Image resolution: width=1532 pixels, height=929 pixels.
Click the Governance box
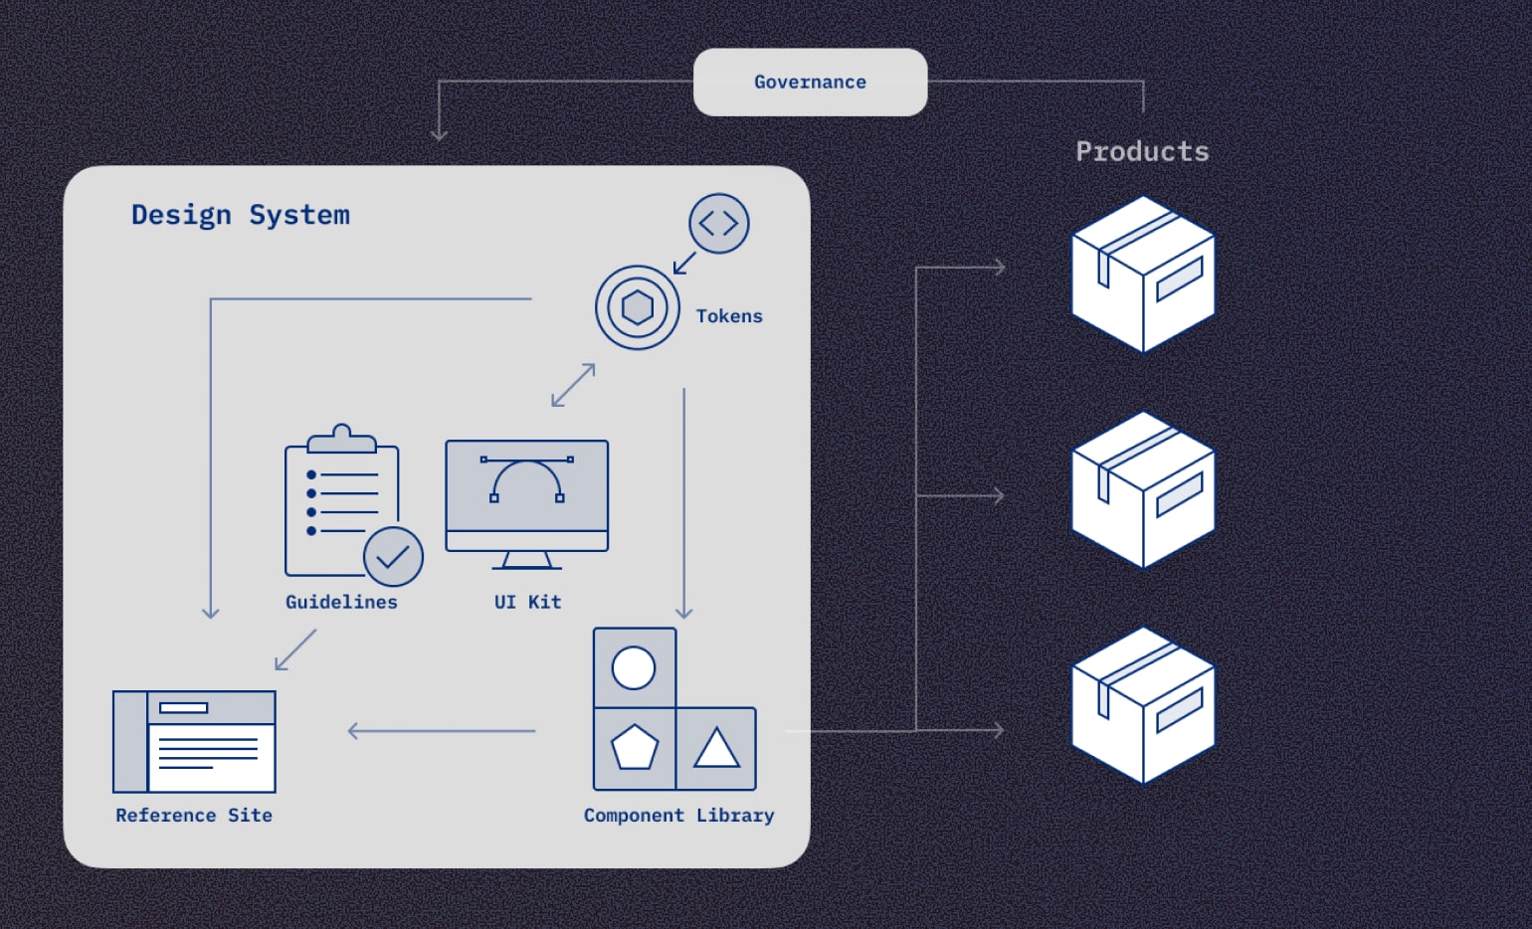pyautogui.click(x=810, y=83)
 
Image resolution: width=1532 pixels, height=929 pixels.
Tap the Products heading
pyautogui.click(x=1142, y=151)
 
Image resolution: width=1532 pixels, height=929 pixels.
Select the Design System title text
pyautogui.click(x=241, y=215)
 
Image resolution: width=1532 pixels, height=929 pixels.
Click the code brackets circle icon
pyautogui.click(x=718, y=224)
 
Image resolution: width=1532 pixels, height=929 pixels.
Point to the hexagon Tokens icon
pyautogui.click(x=638, y=307)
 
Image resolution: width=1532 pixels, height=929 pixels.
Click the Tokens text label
pyautogui.click(x=729, y=316)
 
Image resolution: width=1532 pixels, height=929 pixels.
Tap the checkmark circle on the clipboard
pyautogui.click(x=393, y=557)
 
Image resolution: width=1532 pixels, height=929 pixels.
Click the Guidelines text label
pyautogui.click(x=341, y=602)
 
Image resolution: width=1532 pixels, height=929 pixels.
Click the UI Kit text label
pyautogui.click(x=527, y=602)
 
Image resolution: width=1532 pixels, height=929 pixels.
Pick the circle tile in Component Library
pyautogui.click(x=634, y=667)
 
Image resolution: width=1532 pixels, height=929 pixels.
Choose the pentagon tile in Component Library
pyautogui.click(x=634, y=749)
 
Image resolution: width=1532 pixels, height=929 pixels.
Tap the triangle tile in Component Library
pyautogui.click(x=716, y=749)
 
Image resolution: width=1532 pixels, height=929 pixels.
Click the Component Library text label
pyautogui.click(x=678, y=816)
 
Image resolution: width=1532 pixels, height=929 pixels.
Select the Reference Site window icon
pyautogui.click(x=194, y=742)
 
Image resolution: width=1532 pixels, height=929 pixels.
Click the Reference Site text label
pyautogui.click(x=194, y=816)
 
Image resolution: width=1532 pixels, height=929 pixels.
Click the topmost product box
pyautogui.click(x=1143, y=274)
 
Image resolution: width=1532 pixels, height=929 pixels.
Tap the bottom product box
pyautogui.click(x=1143, y=705)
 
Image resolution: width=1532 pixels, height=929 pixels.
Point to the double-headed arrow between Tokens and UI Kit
pyautogui.click(x=573, y=385)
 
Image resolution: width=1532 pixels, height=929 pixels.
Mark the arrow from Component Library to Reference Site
pyautogui.click(x=442, y=731)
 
